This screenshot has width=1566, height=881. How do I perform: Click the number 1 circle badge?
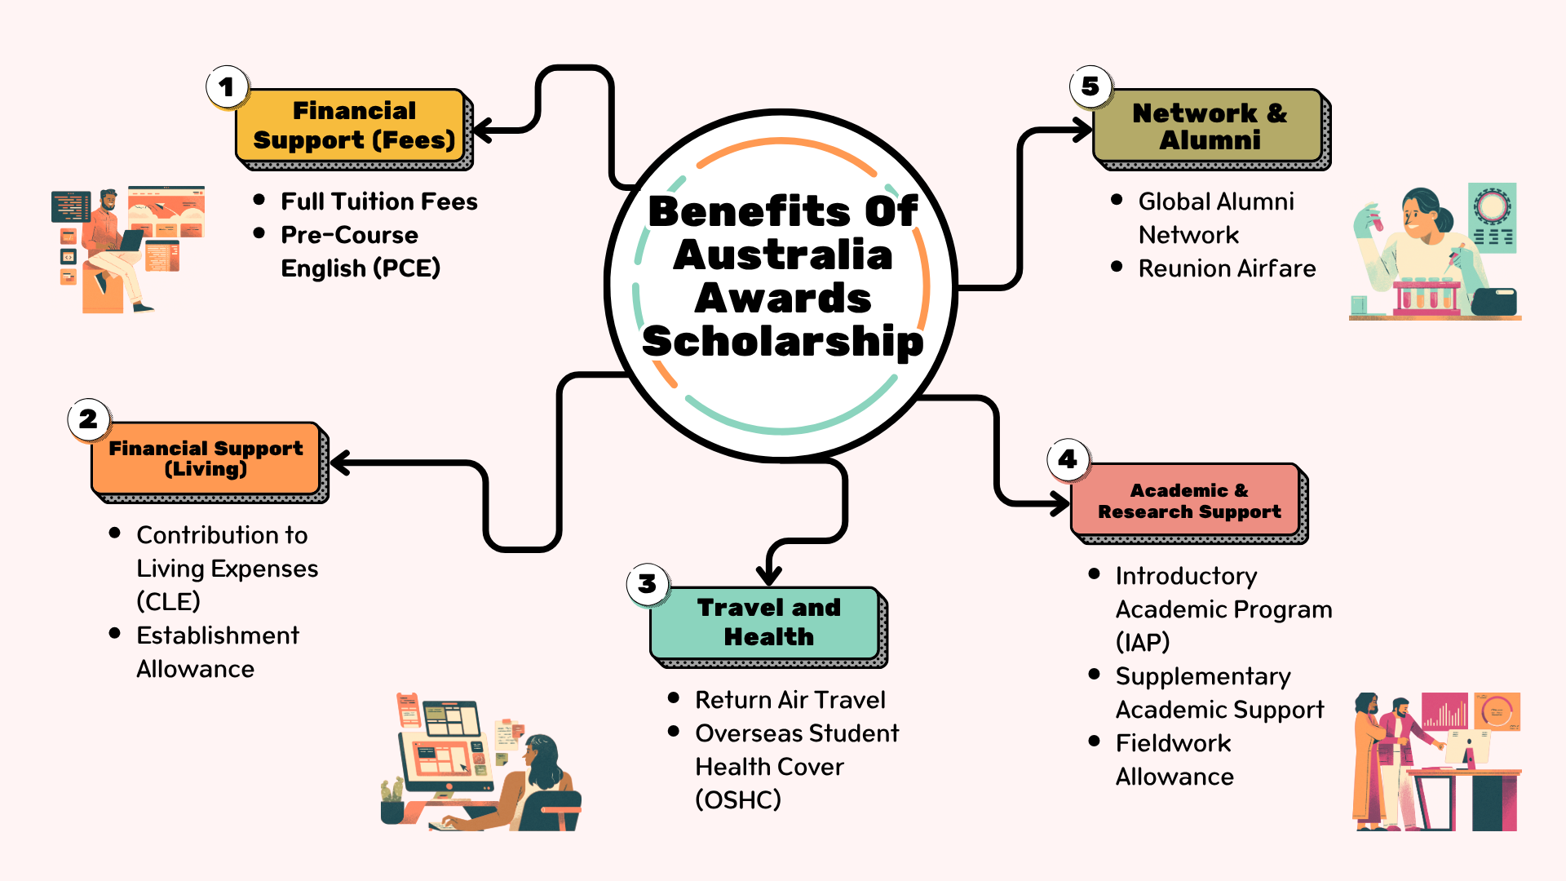click(227, 86)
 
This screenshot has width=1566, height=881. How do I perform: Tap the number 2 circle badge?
click(88, 419)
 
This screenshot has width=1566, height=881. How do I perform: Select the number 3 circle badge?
click(648, 584)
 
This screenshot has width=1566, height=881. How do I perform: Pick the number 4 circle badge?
click(1068, 459)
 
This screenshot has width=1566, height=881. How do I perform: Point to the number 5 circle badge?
click(1090, 86)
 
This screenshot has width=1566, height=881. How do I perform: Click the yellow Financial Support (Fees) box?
click(352, 126)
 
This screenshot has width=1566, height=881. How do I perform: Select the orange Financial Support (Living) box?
click(206, 458)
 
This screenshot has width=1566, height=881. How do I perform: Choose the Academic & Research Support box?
click(1188, 501)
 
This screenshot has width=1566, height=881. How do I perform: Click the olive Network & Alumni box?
click(1209, 126)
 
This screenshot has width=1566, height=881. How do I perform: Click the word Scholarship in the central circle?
click(783, 342)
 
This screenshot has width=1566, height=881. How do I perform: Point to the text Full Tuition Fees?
click(379, 201)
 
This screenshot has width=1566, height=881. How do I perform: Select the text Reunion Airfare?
click(1227, 268)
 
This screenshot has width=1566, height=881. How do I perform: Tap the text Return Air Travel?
click(790, 700)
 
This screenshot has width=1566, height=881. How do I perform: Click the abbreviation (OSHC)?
click(738, 800)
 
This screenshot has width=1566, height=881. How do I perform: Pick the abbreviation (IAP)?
click(1143, 643)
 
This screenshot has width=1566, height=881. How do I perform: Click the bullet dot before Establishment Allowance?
click(115, 633)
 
